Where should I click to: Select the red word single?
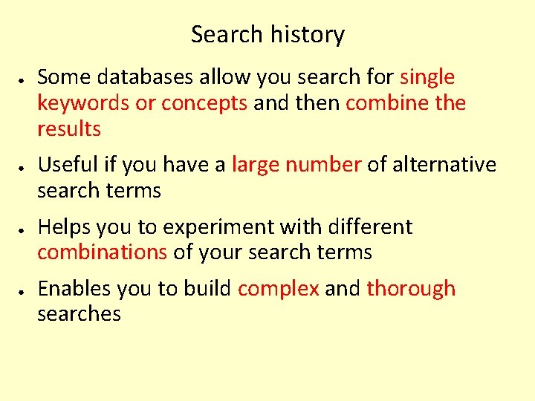click(427, 77)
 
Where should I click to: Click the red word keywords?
click(83, 103)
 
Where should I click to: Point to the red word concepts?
click(204, 103)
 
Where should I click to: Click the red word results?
click(69, 129)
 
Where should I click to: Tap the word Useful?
click(77, 164)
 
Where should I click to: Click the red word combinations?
click(103, 252)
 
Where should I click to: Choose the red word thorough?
click(411, 289)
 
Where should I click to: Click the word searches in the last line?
click(79, 314)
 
